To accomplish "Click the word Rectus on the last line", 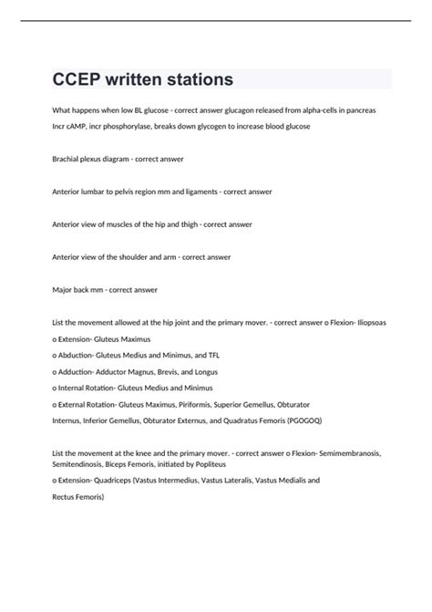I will [x=67, y=497].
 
